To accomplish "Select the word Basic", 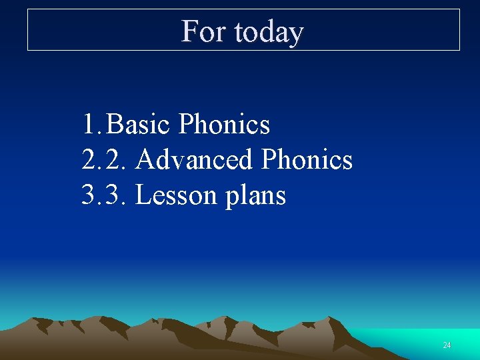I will (139, 125).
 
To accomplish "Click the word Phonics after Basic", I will (225, 125).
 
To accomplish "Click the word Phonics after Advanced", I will (307, 160).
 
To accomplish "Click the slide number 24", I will (447, 345).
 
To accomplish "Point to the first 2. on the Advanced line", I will (91, 160).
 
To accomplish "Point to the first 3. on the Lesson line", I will (91, 196).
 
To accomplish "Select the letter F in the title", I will (189, 31).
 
